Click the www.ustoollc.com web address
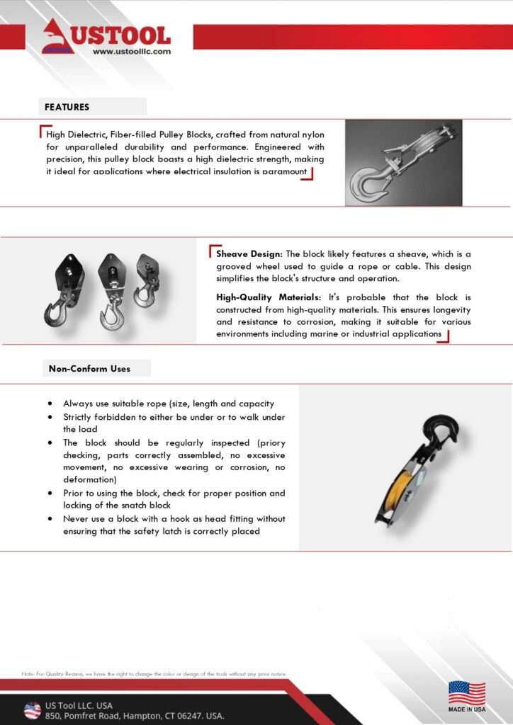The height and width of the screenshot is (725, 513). tap(132, 52)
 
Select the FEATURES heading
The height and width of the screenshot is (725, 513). tap(67, 107)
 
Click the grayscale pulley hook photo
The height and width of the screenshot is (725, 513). tap(403, 162)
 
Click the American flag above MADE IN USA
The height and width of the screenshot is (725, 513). tap(467, 692)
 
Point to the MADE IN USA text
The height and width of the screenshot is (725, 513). tap(467, 709)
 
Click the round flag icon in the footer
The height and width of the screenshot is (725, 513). tap(32, 710)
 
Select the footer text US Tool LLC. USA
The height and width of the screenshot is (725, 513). tap(79, 705)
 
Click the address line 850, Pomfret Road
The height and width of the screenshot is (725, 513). tap(135, 716)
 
